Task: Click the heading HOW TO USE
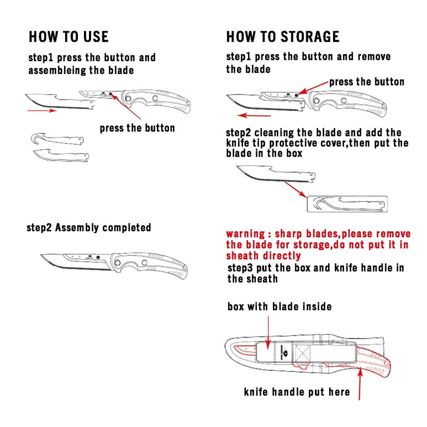tap(68, 37)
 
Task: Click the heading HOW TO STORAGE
tap(282, 37)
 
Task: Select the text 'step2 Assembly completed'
tap(89, 227)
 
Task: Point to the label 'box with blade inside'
tap(280, 307)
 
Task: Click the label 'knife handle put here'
tap(297, 392)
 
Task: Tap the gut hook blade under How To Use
tap(57, 139)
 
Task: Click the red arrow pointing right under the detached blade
tap(42, 111)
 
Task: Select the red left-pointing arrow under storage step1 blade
tap(254, 116)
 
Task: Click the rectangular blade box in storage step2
tap(347, 204)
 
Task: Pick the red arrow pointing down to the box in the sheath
tap(268, 332)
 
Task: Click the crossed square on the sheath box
tap(302, 354)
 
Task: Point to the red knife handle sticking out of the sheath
tap(374, 362)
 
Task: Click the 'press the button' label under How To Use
tap(137, 128)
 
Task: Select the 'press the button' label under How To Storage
tap(366, 82)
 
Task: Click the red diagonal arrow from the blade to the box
tap(296, 189)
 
